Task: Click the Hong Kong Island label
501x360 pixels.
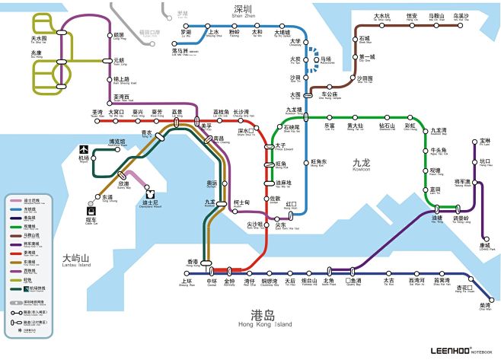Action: click(263, 318)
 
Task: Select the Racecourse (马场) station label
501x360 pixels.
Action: click(326, 59)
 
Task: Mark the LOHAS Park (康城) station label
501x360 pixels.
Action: click(486, 245)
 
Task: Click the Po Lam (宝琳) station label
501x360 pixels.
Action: click(485, 142)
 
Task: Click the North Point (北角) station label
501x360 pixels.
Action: click(328, 281)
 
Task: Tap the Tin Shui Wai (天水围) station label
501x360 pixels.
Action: click(38, 38)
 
